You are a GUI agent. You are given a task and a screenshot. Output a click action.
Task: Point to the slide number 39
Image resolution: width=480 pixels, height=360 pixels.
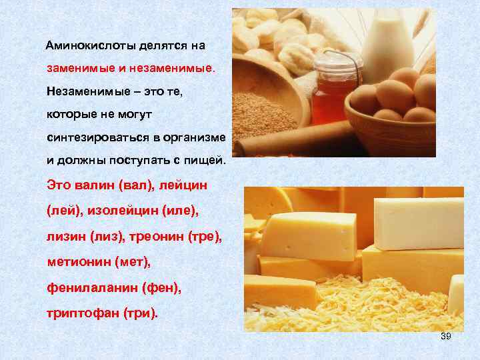click(x=446, y=336)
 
